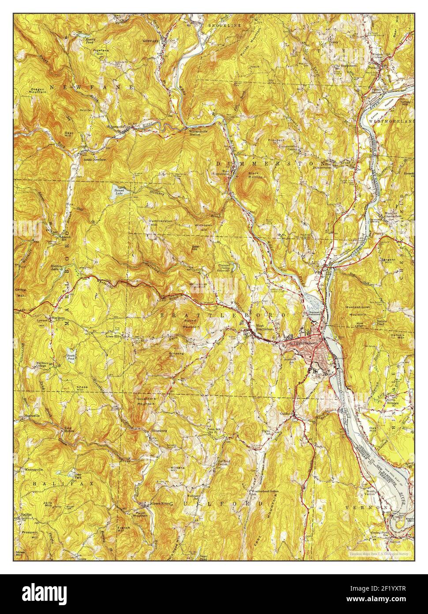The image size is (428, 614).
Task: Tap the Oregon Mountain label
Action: click(38, 91)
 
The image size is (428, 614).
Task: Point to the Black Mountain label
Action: click(256, 175)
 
